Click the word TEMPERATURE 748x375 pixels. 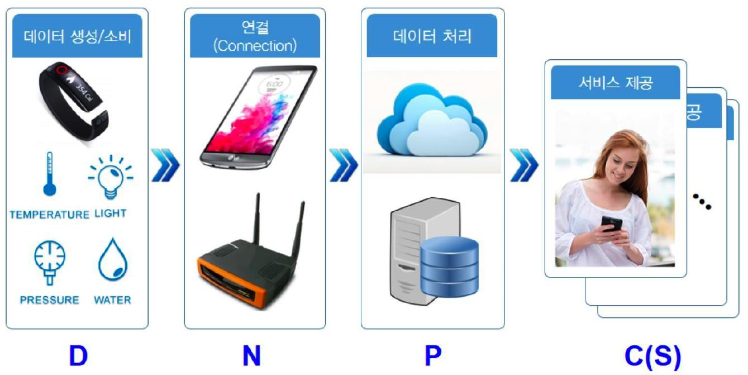[49, 215]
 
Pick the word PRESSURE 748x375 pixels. [49, 300]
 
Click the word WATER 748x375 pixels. [112, 300]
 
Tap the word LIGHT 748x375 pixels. [111, 213]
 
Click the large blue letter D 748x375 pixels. [78, 356]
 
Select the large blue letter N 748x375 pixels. [251, 356]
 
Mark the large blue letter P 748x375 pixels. [432, 356]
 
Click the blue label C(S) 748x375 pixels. [652, 356]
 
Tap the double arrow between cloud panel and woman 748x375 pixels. [524, 165]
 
